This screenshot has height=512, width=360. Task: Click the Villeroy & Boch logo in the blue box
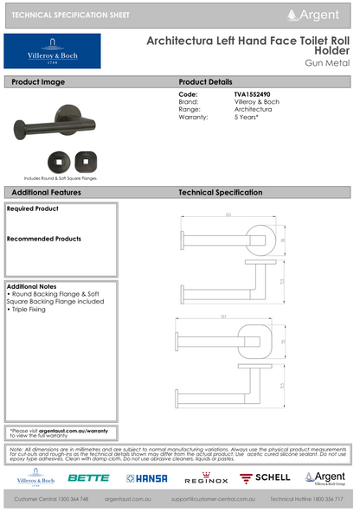[52, 51]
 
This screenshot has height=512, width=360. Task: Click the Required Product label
[33, 208]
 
